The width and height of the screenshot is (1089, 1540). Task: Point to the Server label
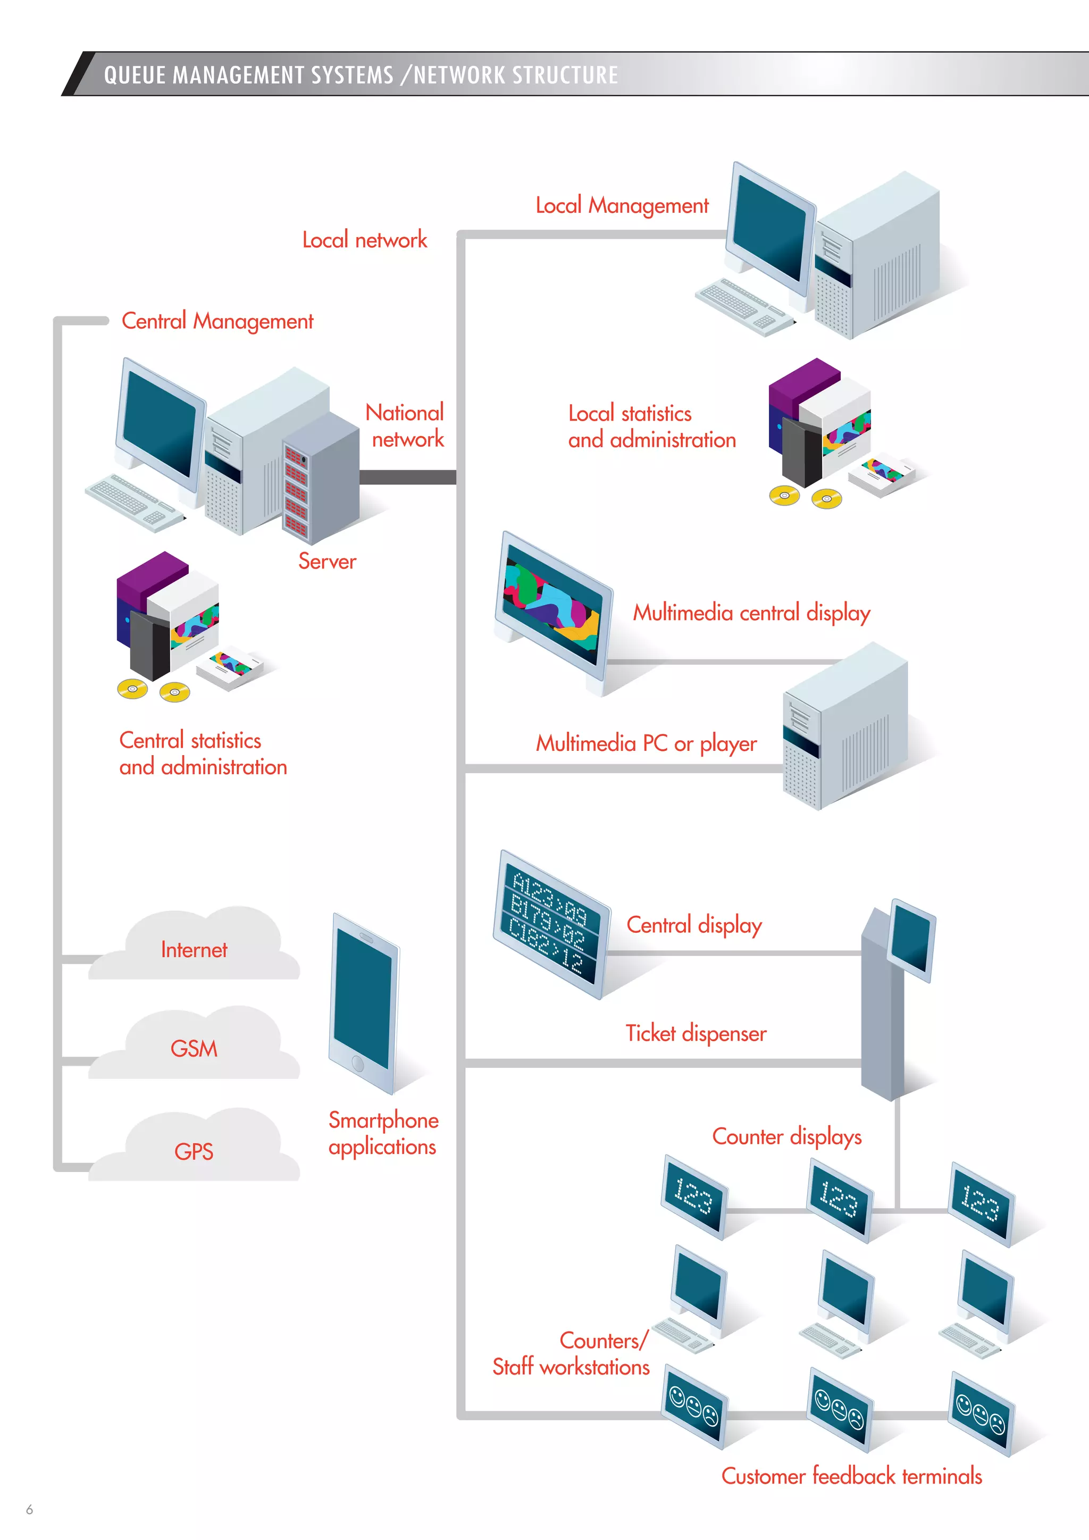coord(327,560)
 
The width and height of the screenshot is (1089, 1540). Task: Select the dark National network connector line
coord(408,477)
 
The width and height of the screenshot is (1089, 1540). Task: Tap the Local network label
coord(364,239)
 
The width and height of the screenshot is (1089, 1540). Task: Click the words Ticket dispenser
coord(696,1033)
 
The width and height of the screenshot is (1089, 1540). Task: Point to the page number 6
coord(29,1509)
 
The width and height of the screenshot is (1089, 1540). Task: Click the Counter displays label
coord(786,1136)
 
